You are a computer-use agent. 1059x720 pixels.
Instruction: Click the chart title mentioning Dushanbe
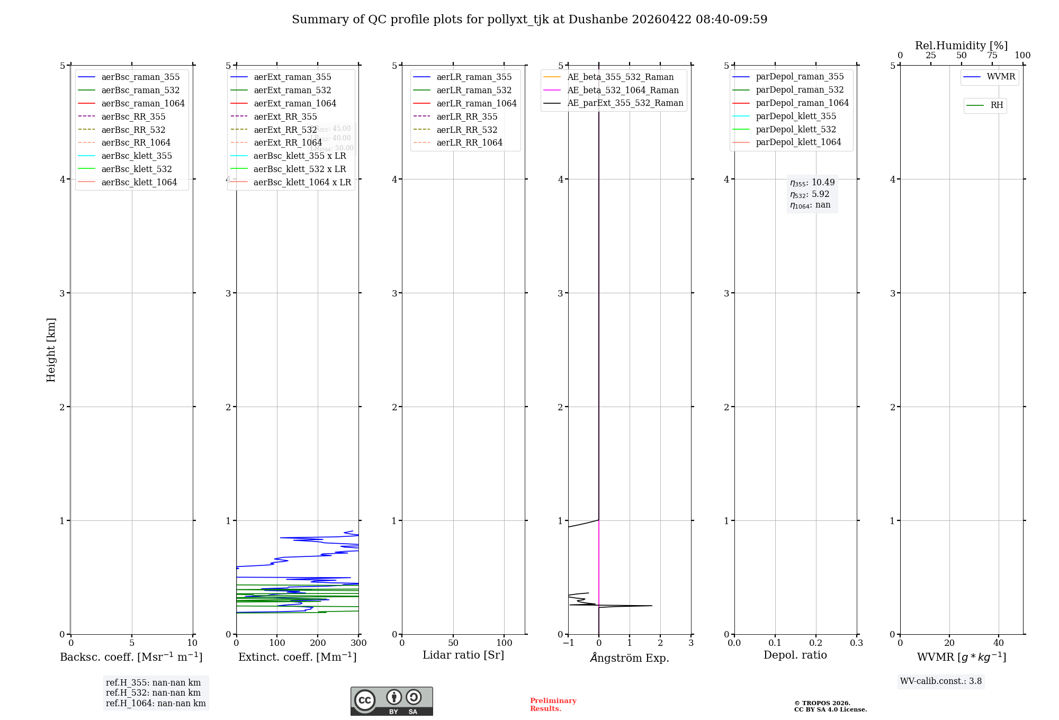click(529, 20)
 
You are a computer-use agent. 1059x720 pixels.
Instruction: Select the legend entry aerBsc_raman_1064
click(142, 103)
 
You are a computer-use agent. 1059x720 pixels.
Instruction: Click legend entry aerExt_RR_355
click(285, 116)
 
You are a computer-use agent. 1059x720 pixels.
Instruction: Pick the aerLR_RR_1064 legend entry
click(469, 142)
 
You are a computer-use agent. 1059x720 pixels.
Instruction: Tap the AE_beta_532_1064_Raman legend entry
click(623, 90)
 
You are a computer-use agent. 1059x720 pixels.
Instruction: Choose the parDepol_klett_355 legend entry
click(796, 116)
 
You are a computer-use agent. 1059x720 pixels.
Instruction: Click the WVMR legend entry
click(1000, 77)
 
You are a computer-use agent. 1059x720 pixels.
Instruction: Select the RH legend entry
click(996, 105)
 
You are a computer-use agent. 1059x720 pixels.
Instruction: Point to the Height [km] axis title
click(51, 349)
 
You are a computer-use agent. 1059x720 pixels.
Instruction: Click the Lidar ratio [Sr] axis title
click(463, 655)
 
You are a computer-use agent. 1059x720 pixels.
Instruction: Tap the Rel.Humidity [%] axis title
click(961, 46)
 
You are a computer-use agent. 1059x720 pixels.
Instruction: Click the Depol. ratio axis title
click(795, 655)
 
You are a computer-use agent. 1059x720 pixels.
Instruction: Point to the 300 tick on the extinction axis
click(358, 643)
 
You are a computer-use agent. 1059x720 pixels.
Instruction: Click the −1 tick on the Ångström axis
click(568, 643)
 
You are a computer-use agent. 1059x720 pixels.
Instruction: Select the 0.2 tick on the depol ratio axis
click(816, 643)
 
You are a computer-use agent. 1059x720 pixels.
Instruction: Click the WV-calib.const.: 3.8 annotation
click(941, 681)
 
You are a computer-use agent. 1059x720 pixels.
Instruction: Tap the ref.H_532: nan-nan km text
click(153, 693)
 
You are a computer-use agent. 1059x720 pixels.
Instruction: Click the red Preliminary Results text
click(553, 705)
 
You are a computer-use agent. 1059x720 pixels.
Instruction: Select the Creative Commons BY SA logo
click(391, 701)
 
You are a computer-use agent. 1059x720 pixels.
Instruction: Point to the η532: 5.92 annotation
click(810, 194)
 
